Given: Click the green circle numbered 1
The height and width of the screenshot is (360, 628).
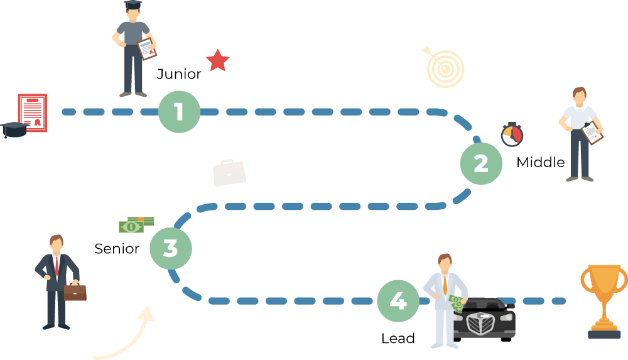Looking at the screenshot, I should pos(179,112).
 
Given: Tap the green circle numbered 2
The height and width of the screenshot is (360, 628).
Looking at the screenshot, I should pos(481,163).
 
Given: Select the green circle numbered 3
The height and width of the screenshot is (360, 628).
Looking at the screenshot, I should pos(171,248).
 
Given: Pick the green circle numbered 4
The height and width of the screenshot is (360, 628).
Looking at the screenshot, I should pos(398,301).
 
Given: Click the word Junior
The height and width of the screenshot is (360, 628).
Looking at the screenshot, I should pos(179,74).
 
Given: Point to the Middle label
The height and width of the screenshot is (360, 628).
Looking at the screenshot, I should pos(540,163).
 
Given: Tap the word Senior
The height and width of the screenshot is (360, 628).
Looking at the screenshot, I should pos(117,249).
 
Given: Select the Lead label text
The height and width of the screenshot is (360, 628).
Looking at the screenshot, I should pos(398,339).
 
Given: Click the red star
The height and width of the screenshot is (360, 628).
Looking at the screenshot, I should pos(218,60).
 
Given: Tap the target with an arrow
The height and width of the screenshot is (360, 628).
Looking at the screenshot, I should pos(445,67).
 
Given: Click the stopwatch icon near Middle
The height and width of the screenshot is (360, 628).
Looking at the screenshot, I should pos(512,134).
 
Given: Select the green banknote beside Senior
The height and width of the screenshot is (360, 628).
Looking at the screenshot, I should pos(135,224).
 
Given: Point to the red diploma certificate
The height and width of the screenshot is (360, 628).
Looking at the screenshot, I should pos(32,113).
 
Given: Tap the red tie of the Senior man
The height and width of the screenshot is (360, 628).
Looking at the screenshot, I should pos(57,267).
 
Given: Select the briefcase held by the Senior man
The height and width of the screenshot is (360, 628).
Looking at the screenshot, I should pos(75,292).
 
